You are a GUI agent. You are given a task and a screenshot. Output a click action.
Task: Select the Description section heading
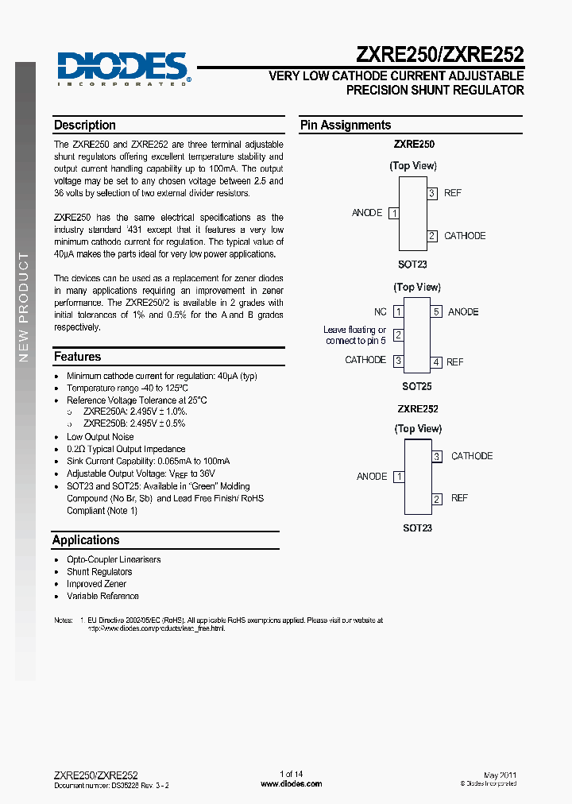click(85, 126)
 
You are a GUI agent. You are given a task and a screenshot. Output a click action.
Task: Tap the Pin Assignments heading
click(346, 126)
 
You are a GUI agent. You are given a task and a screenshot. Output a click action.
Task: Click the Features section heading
click(77, 357)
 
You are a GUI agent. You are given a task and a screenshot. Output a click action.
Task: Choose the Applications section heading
click(86, 539)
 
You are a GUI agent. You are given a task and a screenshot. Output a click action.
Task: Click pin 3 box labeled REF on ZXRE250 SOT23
click(432, 193)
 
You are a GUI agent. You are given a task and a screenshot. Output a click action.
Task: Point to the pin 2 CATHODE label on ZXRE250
click(465, 236)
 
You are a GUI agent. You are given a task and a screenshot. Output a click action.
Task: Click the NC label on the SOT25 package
click(381, 312)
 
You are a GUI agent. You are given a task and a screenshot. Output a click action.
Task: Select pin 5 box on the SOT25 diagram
click(436, 312)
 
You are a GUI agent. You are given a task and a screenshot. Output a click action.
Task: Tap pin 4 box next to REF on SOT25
click(436, 362)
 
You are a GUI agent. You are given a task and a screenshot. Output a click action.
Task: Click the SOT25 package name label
click(416, 386)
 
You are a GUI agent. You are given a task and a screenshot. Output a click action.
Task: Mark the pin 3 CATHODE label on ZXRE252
click(472, 456)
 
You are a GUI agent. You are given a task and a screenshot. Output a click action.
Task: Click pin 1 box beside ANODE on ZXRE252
click(399, 477)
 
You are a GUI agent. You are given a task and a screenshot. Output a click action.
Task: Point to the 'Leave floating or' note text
click(354, 330)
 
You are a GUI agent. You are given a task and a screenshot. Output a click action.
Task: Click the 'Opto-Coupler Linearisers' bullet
click(114, 559)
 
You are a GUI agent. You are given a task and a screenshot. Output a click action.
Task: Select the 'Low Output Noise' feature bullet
click(100, 437)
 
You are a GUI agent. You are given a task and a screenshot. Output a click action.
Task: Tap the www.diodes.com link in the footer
click(292, 784)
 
